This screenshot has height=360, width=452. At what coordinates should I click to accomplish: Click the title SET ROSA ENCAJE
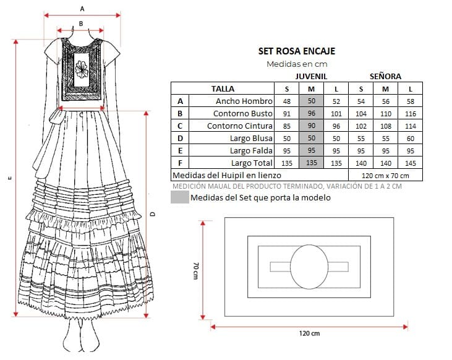tap(297, 51)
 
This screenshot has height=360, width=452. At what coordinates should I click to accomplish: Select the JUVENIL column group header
tap(311, 77)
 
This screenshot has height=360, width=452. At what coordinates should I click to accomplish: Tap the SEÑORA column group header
tap(385, 76)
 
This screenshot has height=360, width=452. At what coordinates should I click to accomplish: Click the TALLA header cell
tap(223, 88)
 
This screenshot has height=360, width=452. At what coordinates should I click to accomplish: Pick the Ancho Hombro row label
tap(244, 101)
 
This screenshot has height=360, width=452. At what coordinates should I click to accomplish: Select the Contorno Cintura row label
tap(239, 126)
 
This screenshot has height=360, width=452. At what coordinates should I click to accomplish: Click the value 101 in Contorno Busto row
tap(336, 114)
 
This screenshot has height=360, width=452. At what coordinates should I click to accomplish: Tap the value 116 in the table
tap(410, 114)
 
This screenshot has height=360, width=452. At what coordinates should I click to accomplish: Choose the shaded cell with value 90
tap(311, 126)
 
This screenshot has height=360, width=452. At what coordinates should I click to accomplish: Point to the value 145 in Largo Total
tap(410, 163)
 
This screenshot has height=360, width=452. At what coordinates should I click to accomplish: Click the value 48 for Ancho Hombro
tap(286, 101)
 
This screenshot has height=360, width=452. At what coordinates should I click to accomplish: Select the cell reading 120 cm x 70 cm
tap(385, 176)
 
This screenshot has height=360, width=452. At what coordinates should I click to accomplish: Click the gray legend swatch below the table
tap(180, 197)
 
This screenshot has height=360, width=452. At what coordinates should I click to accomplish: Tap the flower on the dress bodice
tap(81, 69)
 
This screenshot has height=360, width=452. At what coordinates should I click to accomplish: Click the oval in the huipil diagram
tap(309, 267)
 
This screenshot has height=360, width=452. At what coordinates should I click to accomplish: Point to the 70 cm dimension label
tap(196, 270)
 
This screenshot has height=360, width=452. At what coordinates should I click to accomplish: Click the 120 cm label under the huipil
tap(309, 333)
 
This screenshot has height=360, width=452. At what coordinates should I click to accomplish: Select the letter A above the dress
tap(82, 9)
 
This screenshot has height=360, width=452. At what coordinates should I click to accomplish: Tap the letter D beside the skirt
tap(153, 214)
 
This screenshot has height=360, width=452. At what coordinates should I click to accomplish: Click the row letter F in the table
tap(180, 163)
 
